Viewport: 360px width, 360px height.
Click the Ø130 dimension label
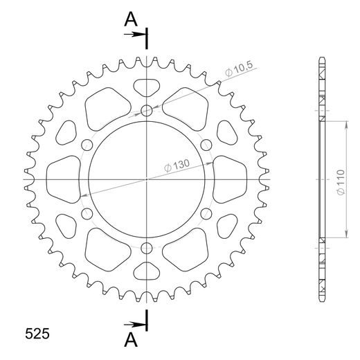point(177,165)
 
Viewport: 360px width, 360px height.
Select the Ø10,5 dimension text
point(239,69)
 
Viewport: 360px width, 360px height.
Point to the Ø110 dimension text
point(341,182)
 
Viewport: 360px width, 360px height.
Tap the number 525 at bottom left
point(37,334)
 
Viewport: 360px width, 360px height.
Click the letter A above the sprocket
point(131,19)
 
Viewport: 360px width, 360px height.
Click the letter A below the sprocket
point(131,340)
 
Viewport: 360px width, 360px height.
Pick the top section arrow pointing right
point(135,35)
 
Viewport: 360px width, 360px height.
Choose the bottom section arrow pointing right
point(135,325)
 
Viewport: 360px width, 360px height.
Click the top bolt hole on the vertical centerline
point(147,111)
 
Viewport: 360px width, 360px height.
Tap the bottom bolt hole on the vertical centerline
point(147,249)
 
